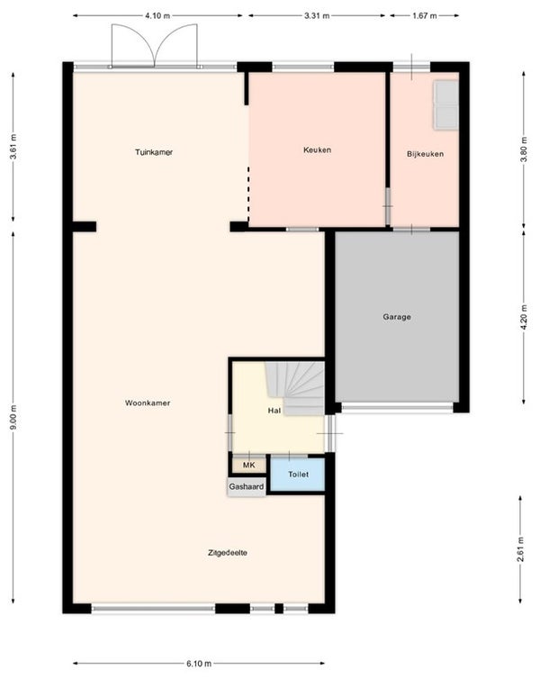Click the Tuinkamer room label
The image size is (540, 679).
click(x=154, y=152)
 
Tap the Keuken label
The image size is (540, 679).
click(x=317, y=149)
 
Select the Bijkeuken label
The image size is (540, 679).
click(x=425, y=154)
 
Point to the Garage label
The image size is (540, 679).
click(x=397, y=317)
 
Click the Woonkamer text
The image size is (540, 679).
click(x=148, y=403)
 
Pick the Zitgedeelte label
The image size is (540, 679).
click(x=228, y=553)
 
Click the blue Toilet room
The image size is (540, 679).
click(x=298, y=475)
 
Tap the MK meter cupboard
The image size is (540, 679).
click(x=248, y=465)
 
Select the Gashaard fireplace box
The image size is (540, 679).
click(x=247, y=486)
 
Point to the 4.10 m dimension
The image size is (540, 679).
click(x=157, y=16)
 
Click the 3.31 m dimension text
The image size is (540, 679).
click(x=317, y=16)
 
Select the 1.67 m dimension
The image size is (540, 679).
click(x=424, y=16)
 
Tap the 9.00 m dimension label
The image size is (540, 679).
click(x=13, y=417)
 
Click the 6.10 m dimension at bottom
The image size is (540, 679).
click(x=199, y=664)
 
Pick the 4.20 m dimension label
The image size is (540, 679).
click(x=524, y=317)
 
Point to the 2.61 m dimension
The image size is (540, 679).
click(x=520, y=549)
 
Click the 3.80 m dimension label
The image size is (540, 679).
click(x=524, y=149)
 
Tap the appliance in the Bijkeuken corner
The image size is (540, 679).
click(x=445, y=105)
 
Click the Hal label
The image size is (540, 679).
click(x=274, y=411)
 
